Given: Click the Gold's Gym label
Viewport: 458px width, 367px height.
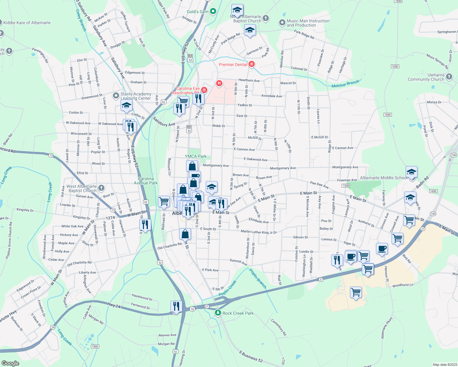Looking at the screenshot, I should pos(197,12).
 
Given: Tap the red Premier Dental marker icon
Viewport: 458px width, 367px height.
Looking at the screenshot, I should pos(252,64).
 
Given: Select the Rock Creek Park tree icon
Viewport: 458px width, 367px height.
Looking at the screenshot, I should pos(218,313).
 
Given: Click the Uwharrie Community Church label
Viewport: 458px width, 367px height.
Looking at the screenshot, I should pos(426,77).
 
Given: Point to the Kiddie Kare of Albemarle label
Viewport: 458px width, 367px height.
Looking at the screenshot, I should pos(27,23).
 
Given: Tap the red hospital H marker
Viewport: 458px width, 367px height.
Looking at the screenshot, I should pos(219,83).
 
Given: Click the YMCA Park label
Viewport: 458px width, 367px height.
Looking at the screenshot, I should pos(196,156).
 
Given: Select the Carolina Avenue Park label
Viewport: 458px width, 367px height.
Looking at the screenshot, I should pos(146,181).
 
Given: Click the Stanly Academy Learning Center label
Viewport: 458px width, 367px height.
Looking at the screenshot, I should pos(136,96).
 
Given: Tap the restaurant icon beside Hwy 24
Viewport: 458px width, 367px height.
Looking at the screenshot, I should pos(176,306).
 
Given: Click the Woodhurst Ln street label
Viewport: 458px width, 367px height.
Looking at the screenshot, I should pos(403,285).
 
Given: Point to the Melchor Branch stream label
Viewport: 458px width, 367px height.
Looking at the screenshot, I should pos(345,84).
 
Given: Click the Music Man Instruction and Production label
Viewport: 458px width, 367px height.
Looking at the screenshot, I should pos(308,23).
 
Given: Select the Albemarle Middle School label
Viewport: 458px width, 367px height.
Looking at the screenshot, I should pos(384,178).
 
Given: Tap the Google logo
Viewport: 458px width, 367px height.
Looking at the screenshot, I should pos(10,363).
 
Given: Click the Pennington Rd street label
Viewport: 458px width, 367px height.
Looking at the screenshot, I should pos(40,55).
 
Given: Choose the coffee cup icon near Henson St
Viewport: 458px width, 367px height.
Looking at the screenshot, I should pos(382,248).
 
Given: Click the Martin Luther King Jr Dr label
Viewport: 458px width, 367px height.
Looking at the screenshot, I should pos(259,232).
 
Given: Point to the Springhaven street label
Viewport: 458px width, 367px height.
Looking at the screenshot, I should pos(447,32).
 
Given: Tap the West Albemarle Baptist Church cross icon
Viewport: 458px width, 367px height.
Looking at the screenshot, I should pos(101,188).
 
